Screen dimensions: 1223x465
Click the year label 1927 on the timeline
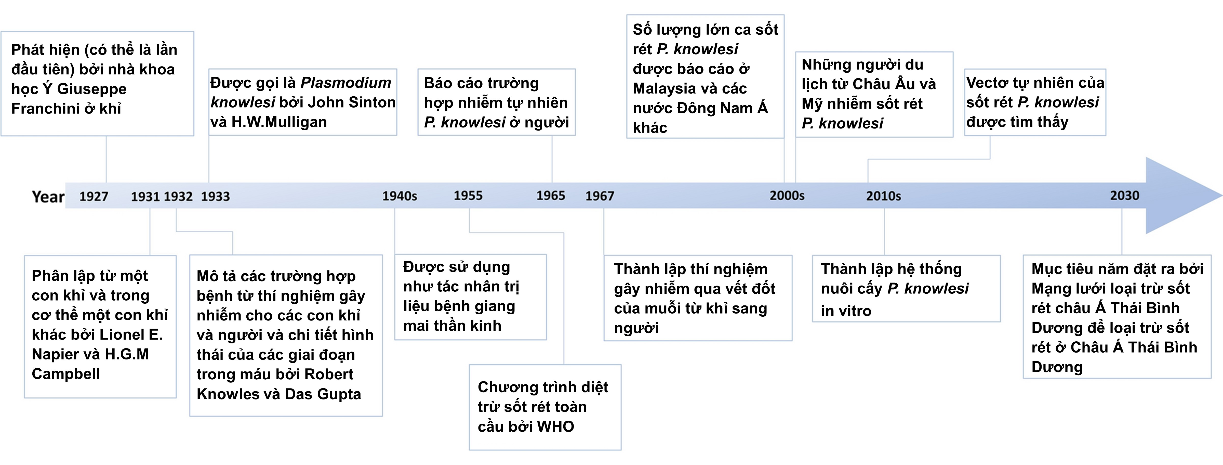click(x=94, y=196)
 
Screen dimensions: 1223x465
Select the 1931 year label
click(x=145, y=196)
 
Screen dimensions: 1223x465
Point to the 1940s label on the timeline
click(x=400, y=196)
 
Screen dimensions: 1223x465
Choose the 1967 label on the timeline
click(x=600, y=196)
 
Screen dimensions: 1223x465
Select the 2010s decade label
click(x=884, y=196)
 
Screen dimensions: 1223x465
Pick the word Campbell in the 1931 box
click(x=66, y=374)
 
